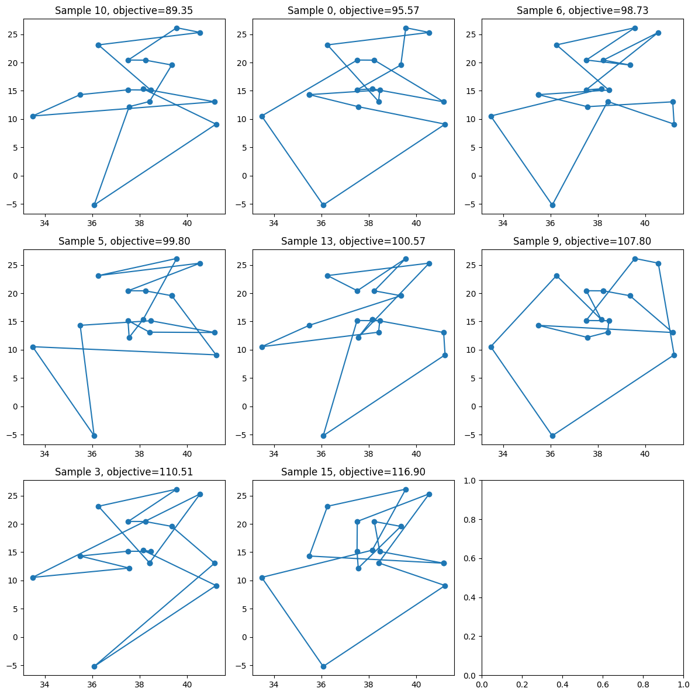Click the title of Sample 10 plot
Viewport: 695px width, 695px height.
click(124, 11)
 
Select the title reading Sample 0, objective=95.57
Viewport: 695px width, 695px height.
click(353, 11)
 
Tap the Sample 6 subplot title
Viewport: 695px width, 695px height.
click(582, 11)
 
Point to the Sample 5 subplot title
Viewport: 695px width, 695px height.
click(124, 241)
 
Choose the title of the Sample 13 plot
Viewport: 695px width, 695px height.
click(353, 241)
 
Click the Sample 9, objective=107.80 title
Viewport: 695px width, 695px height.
click(582, 241)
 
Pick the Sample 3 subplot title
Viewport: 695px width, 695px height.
click(124, 472)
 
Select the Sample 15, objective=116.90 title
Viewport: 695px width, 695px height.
click(353, 472)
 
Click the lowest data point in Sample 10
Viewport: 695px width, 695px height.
click(94, 205)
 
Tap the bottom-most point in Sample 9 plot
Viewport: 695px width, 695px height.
click(552, 436)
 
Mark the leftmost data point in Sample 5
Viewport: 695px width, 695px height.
click(33, 347)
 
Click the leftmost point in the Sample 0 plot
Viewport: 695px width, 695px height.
click(262, 116)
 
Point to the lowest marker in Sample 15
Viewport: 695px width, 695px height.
click(323, 666)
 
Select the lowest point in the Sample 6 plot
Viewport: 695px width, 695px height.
click(552, 205)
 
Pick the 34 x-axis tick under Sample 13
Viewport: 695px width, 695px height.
click(274, 453)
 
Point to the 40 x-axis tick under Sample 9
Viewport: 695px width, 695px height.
click(645, 453)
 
